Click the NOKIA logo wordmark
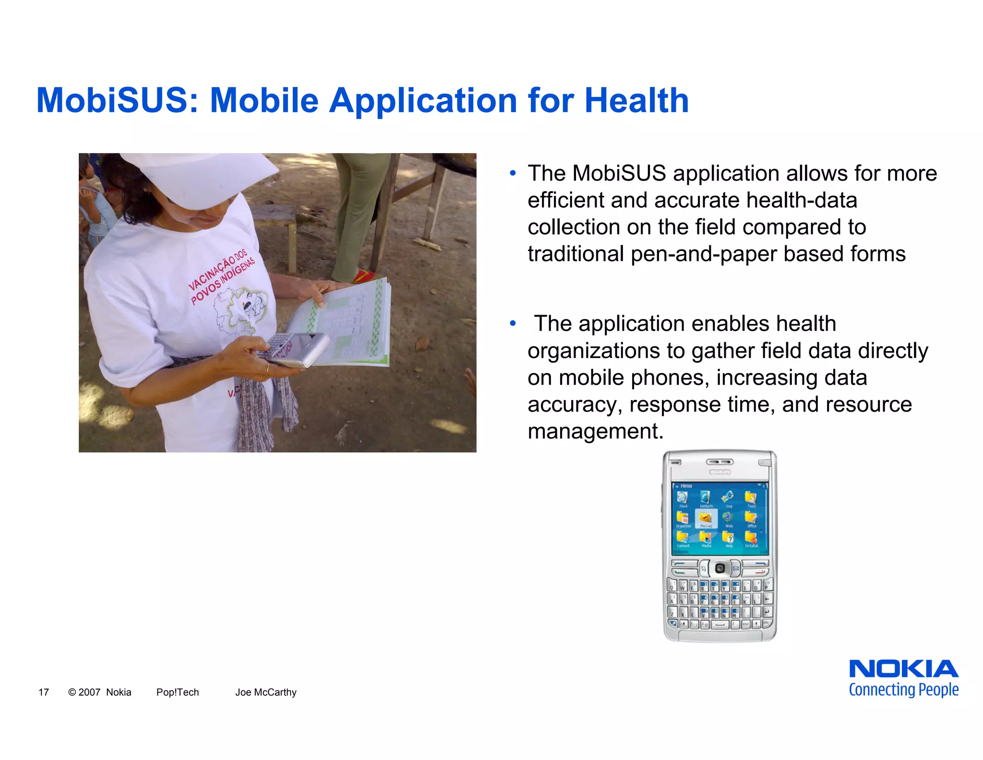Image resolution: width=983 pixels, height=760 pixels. coord(903,669)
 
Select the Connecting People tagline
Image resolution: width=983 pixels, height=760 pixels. coord(903,690)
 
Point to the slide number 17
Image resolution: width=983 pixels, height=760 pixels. coord(44,692)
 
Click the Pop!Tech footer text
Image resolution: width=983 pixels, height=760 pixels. coord(177,692)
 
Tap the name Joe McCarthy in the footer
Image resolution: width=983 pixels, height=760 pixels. coord(265,692)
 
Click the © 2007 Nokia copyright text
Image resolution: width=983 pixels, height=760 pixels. coord(100,692)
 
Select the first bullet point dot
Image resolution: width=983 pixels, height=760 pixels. coord(513,173)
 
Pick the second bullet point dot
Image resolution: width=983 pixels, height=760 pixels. coord(513,324)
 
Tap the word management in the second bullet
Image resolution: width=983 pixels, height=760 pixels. coord(595,431)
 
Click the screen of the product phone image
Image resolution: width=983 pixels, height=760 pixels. coord(719,519)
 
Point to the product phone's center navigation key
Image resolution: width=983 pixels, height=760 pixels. coord(719,569)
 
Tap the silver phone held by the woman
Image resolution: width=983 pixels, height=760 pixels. coord(295,348)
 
